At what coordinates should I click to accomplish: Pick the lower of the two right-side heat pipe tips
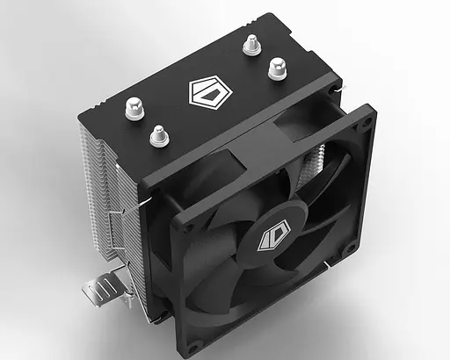(278, 67)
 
